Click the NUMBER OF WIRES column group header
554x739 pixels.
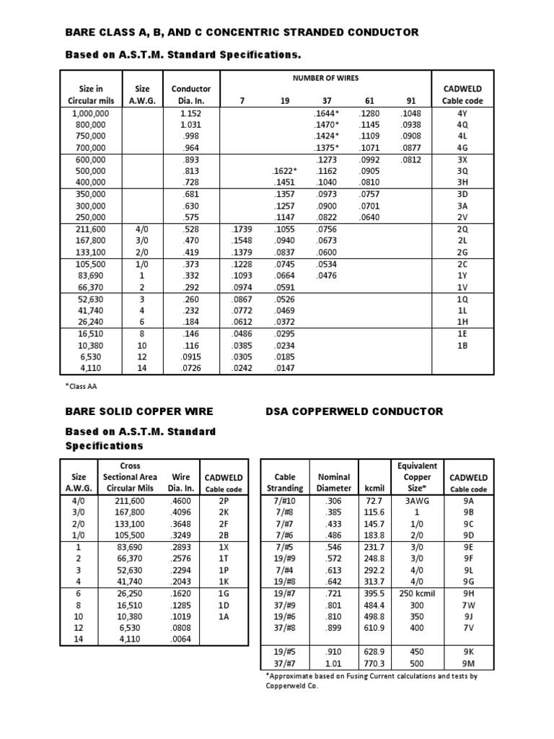pyautogui.click(x=325, y=78)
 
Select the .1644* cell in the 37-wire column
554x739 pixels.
pyautogui.click(x=326, y=113)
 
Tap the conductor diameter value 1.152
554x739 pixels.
pyautogui.click(x=190, y=113)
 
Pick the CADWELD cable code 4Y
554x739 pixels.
pyautogui.click(x=462, y=113)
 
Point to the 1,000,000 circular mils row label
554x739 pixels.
pyautogui.click(x=91, y=113)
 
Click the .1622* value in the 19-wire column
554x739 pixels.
pyautogui.click(x=284, y=171)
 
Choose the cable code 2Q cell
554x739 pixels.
pyautogui.click(x=462, y=229)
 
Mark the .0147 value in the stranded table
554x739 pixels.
pyautogui.click(x=284, y=367)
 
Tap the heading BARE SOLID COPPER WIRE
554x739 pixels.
pyautogui.click(x=139, y=411)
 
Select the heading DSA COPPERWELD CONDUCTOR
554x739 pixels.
pyautogui.click(x=355, y=411)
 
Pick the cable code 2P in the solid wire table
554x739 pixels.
pyautogui.click(x=223, y=500)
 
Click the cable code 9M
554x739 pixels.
pyautogui.click(x=469, y=662)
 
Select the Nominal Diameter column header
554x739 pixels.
pyautogui.click(x=334, y=482)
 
